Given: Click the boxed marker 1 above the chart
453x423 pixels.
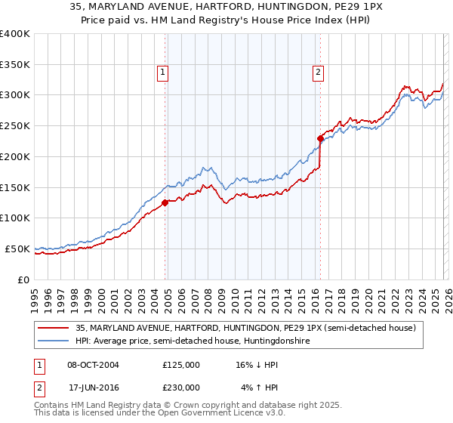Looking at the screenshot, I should point(163,73).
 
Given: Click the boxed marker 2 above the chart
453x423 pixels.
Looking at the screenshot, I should point(319,73).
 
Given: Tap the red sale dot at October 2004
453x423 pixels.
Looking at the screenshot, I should point(165,202).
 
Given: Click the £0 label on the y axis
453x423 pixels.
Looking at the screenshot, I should point(23,279).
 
